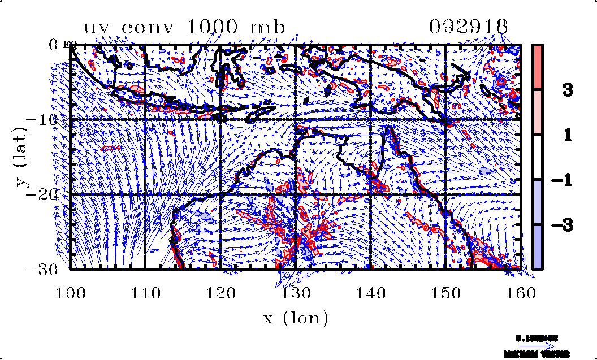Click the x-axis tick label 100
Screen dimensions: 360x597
[70, 293]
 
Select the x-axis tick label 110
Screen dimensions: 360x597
[145, 293]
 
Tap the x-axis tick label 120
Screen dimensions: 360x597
[220, 293]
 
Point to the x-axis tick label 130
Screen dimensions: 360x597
[296, 293]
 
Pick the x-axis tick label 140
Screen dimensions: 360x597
[370, 293]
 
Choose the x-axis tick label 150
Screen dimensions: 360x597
[445, 293]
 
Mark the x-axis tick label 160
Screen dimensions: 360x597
[521, 293]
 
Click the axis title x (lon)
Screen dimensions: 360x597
[296, 318]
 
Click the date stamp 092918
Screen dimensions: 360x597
[469, 27]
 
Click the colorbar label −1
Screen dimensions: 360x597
[560, 180]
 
